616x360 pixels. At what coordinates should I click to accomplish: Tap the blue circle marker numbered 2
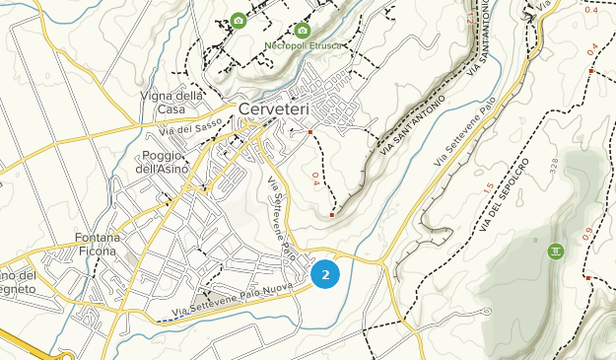[x=325, y=275]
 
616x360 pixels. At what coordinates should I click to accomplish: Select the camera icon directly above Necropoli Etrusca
[x=303, y=31]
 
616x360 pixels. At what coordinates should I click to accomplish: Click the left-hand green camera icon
[x=238, y=21]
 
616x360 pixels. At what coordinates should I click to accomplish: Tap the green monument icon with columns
[x=557, y=252]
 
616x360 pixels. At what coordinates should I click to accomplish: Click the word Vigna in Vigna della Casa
[x=158, y=96]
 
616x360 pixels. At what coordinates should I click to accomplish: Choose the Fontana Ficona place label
[x=96, y=245]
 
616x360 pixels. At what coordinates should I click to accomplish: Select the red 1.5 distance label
[x=489, y=187]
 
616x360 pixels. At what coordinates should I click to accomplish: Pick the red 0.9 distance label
[x=587, y=234]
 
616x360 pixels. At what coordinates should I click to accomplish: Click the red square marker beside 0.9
[x=588, y=278]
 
